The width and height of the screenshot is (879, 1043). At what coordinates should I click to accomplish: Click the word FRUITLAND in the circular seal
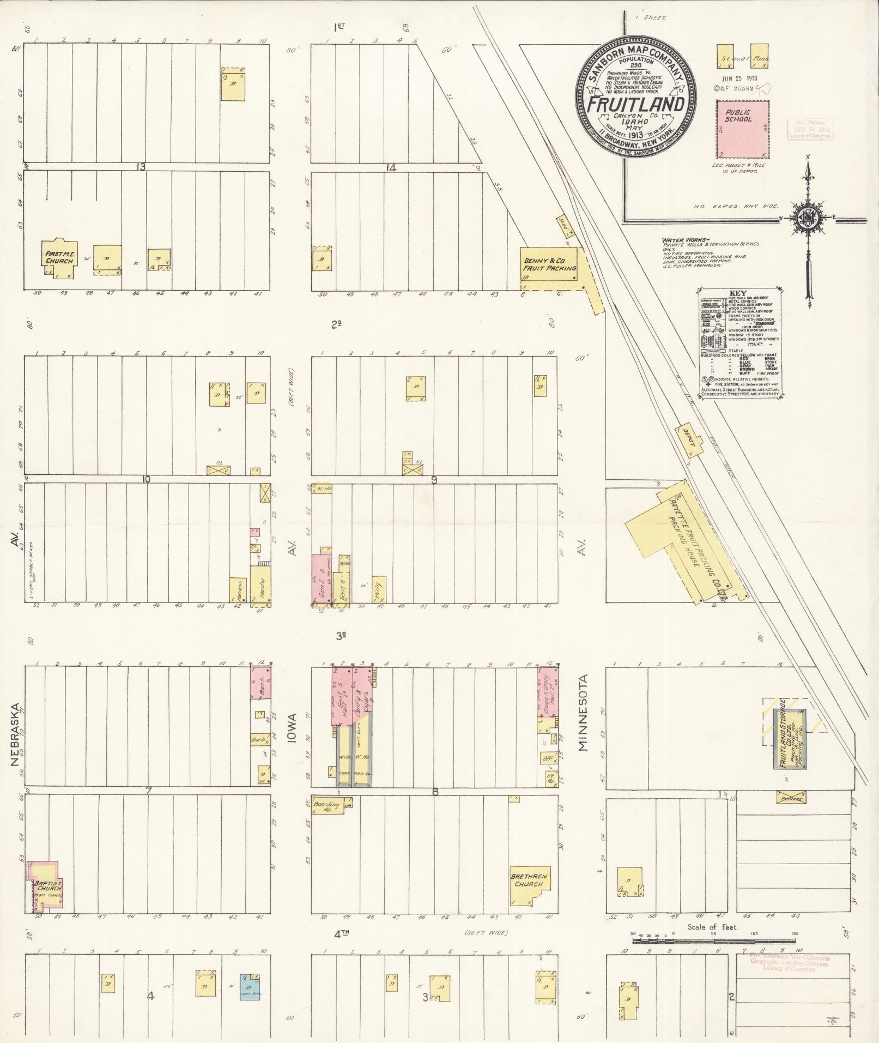(635, 104)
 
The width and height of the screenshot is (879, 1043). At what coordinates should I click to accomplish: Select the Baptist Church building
(47, 887)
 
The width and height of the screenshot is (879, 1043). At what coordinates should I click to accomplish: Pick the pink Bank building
(260, 682)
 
